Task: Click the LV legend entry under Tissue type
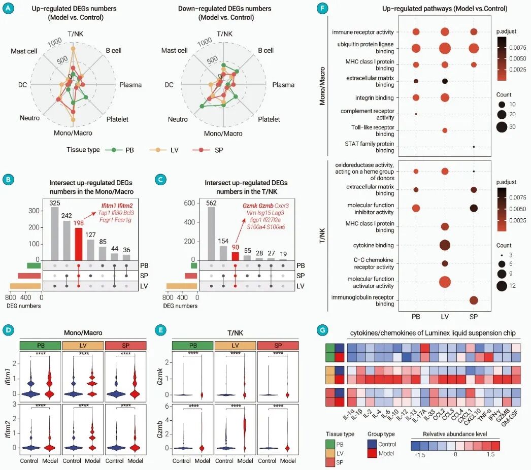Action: pos(166,150)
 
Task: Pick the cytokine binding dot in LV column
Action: pos(445,246)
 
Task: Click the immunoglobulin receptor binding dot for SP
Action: pos(473,300)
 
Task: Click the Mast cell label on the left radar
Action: pos(25,51)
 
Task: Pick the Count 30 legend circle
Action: pos(501,126)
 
